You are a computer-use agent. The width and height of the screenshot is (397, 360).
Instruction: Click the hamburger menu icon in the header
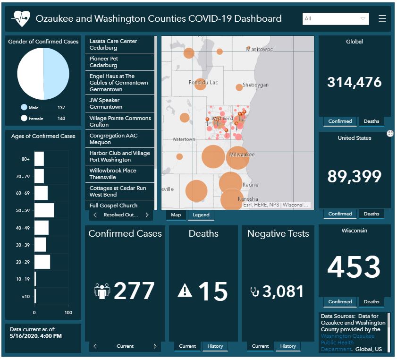point(382,18)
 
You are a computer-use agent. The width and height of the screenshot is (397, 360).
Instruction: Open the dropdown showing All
point(336,19)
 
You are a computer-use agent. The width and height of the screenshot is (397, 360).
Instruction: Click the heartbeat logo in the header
point(21,19)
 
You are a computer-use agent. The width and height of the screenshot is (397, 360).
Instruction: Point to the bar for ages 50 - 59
point(44,210)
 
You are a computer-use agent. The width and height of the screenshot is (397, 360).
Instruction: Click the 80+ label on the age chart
point(25,159)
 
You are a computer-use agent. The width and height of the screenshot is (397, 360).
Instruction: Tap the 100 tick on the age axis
point(68,313)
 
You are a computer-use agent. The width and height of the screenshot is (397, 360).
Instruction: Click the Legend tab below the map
point(201,215)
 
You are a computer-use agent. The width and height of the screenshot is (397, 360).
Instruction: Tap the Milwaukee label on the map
point(242,155)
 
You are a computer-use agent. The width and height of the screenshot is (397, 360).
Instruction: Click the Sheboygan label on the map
point(255,85)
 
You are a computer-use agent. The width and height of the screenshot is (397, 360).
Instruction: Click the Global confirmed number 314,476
point(355,82)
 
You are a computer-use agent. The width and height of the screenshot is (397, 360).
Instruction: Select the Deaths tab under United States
point(372,214)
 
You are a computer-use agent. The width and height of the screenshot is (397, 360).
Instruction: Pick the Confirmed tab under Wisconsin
point(340,302)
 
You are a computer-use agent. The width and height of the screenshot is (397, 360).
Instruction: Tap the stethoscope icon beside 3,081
point(254,291)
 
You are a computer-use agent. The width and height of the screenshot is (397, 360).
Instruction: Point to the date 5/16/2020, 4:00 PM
point(36,336)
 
